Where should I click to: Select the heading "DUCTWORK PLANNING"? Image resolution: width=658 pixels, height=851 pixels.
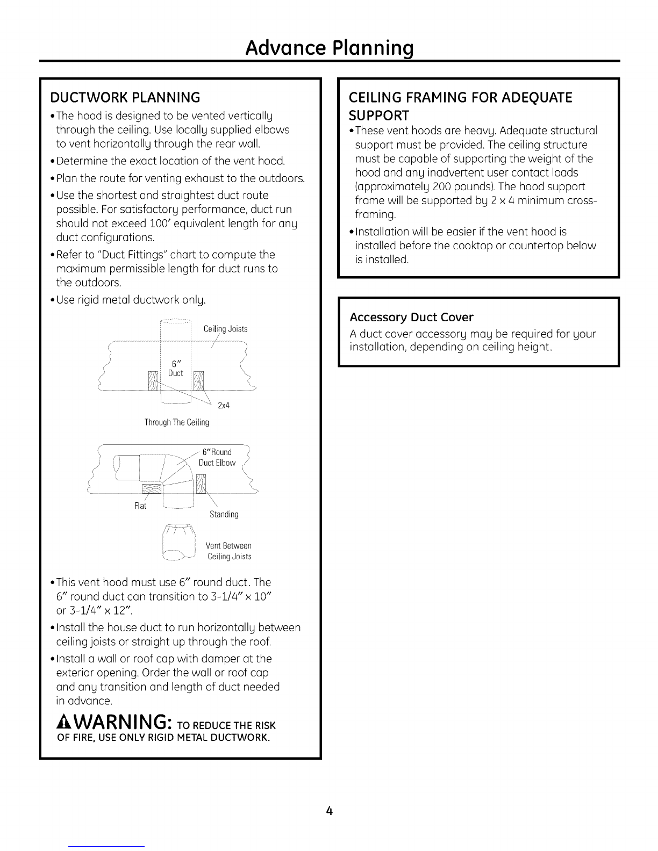(125, 97)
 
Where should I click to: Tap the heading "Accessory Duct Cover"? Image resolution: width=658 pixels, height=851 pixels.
(411, 317)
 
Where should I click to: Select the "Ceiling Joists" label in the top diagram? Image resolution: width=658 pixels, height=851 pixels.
(225, 329)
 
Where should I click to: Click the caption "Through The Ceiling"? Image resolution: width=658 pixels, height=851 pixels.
(176, 422)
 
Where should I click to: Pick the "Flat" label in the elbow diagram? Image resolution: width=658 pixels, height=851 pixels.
(140, 506)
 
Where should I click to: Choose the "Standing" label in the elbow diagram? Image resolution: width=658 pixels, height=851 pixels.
(224, 514)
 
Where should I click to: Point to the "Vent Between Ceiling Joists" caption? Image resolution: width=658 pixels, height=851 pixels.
(229, 551)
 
